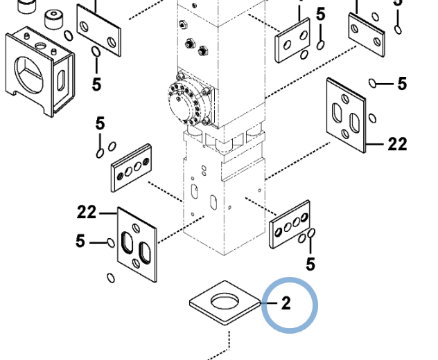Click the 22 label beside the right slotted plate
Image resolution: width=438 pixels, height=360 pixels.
click(397, 144)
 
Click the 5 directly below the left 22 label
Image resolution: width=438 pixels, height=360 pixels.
click(80, 242)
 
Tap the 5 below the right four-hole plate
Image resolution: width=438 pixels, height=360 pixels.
click(310, 264)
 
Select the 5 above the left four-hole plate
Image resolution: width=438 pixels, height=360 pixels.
click(100, 124)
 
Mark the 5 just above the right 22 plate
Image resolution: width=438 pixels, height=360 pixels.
click(402, 84)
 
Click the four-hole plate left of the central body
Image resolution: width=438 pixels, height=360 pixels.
click(131, 168)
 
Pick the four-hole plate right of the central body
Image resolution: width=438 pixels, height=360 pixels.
click(289, 224)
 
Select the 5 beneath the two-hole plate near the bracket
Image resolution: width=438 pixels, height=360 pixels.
click(96, 84)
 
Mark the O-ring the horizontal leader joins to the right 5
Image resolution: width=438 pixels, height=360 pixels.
click(374, 84)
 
